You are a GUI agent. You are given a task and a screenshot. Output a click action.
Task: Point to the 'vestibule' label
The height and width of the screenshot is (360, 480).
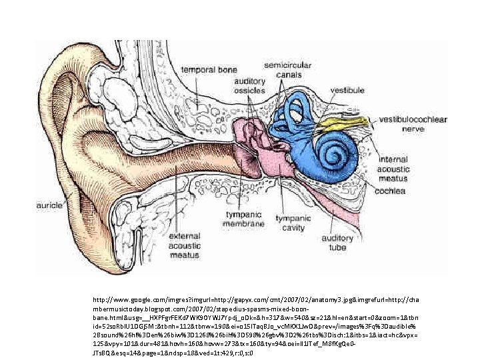tap(348, 89)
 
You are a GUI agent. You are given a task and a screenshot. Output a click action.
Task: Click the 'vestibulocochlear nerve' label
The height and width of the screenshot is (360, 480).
tap(413, 124)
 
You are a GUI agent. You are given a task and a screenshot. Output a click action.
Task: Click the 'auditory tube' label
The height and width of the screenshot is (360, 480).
tap(337, 242)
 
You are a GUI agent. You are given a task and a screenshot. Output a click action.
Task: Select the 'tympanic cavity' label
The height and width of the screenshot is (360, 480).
tap(293, 222)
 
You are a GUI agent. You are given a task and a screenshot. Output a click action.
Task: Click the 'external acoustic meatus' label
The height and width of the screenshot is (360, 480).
tap(185, 245)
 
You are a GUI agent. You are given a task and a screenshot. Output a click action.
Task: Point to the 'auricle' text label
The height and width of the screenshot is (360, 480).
tap(49, 205)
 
